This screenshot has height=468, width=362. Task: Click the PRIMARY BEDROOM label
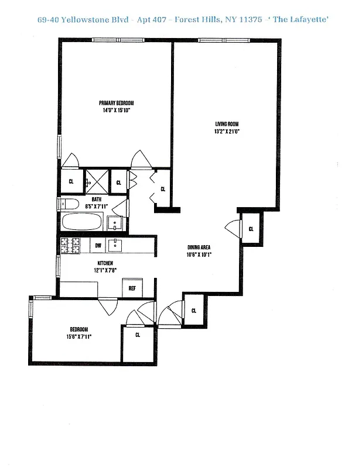pyautogui.click(x=117, y=104)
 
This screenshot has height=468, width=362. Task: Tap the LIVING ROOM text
pyautogui.click(x=227, y=124)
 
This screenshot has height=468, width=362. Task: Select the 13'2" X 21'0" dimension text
pyautogui.click(x=227, y=132)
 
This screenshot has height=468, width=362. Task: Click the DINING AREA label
pyautogui.click(x=199, y=247)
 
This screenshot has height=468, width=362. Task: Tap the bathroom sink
pyautogui.click(x=116, y=223)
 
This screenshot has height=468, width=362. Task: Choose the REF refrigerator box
pyautogui.click(x=132, y=288)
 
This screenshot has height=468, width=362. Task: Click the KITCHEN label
pyautogui.click(x=105, y=263)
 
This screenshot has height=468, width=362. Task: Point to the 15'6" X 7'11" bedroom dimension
pyautogui.click(x=79, y=336)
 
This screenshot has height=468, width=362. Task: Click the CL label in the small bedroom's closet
pyautogui.click(x=138, y=335)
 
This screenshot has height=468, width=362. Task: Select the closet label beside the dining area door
pyautogui.click(x=251, y=228)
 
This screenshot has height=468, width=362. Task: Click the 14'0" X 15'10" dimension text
pyautogui.click(x=117, y=111)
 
